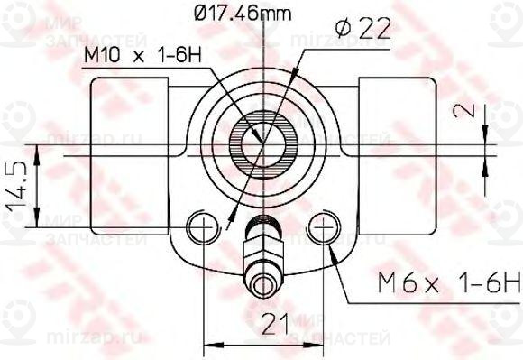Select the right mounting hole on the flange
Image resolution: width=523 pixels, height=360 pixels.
click(x=323, y=226)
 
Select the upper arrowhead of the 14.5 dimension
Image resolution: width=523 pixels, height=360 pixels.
click(x=38, y=150)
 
